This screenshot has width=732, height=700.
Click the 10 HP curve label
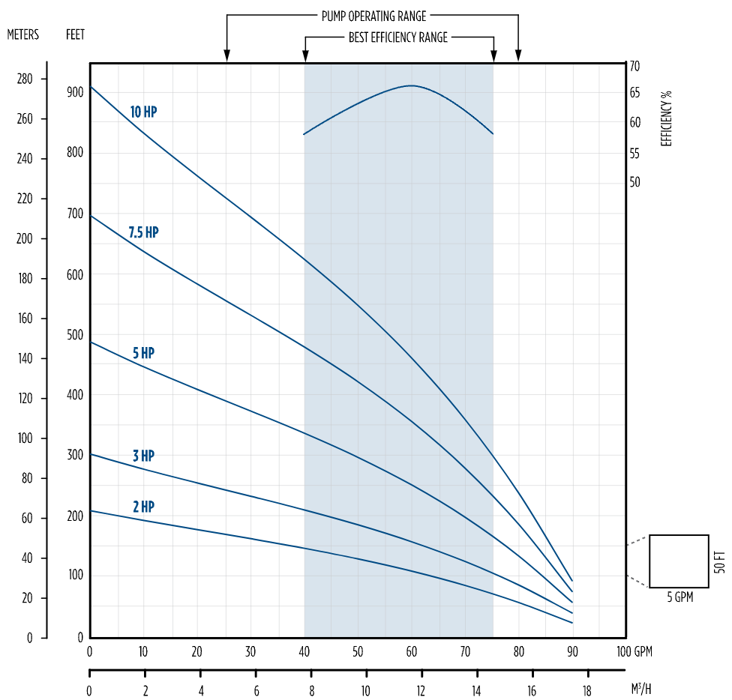(143, 112)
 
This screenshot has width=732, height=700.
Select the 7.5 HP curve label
(143, 232)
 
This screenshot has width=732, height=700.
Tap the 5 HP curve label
(143, 353)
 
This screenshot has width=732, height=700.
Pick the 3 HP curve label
(143, 456)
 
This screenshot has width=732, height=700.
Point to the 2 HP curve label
(143, 507)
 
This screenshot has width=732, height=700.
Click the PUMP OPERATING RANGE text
(373, 16)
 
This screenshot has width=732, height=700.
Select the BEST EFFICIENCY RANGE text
(398, 37)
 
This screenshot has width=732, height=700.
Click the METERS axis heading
(22, 34)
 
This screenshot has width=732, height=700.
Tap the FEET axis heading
(76, 34)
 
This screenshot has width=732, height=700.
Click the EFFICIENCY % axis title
(667, 118)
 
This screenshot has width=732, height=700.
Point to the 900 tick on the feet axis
(75, 92)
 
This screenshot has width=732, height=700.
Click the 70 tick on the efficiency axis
(634, 67)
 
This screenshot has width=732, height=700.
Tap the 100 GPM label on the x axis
(634, 651)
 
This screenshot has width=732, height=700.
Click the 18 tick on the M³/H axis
(587, 690)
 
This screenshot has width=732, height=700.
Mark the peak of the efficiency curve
(411, 85)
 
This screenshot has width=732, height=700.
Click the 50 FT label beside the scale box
(721, 561)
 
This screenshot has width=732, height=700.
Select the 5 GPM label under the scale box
(679, 597)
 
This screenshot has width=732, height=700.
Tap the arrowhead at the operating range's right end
(518, 56)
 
